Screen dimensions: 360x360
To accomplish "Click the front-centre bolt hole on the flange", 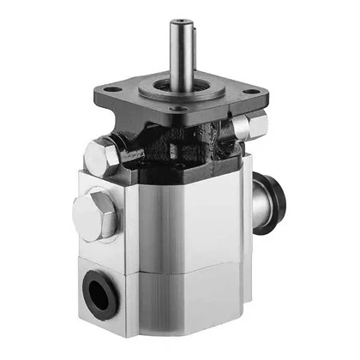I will pos(177,110).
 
